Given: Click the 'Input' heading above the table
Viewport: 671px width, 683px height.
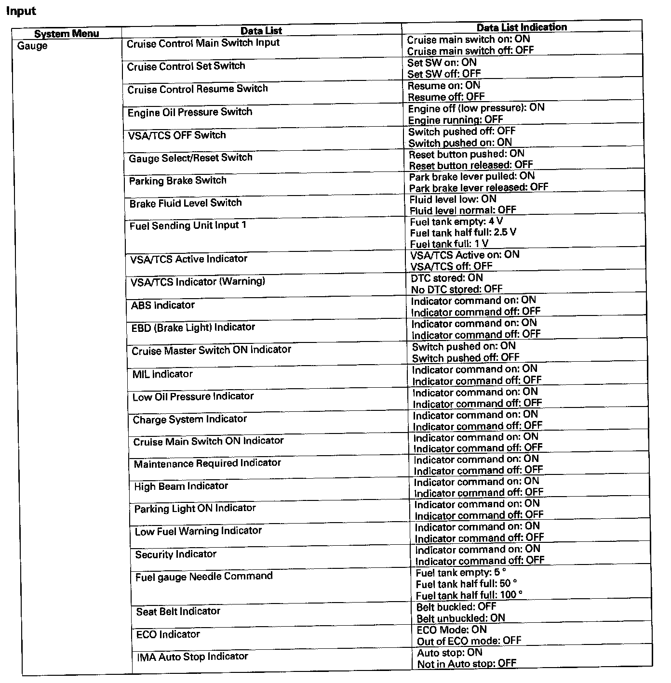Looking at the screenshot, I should click(x=21, y=11).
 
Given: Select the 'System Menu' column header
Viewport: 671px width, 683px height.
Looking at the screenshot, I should click(x=67, y=33).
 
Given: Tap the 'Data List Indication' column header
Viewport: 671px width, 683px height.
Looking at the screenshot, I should click(x=522, y=27).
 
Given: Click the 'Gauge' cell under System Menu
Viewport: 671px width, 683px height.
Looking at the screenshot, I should click(x=32, y=46).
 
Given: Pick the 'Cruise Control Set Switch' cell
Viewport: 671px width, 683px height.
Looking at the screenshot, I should click(x=186, y=66).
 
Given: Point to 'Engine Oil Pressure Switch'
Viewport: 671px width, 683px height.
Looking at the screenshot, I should click(x=190, y=112).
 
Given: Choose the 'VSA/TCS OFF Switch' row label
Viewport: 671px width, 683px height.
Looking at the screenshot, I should click(x=177, y=135).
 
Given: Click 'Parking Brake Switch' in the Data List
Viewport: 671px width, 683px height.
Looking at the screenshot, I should click(x=177, y=181).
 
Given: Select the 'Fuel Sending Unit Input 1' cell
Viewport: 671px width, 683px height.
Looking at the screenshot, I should click(x=188, y=225).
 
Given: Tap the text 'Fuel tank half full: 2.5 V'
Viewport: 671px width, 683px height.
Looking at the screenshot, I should click(x=463, y=233).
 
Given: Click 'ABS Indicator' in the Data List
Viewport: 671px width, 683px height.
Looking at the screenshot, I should click(x=162, y=305).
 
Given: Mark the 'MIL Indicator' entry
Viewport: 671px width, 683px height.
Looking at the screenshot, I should click(x=162, y=374).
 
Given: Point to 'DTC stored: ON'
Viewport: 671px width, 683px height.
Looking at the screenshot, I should click(x=446, y=278).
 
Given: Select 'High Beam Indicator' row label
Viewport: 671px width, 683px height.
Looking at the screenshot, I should click(x=181, y=486).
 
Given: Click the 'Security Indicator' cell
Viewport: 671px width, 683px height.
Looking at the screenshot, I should click(x=175, y=554).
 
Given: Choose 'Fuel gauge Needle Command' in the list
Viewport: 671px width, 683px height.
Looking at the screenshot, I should click(x=204, y=577).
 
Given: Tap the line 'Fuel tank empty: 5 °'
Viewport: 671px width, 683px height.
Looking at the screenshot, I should click(x=461, y=573).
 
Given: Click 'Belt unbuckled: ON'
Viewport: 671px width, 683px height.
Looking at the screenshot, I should click(x=460, y=618).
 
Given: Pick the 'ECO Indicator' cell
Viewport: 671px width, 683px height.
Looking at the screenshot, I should click(x=168, y=634).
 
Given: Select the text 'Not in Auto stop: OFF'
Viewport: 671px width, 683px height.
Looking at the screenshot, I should click(x=467, y=664).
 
